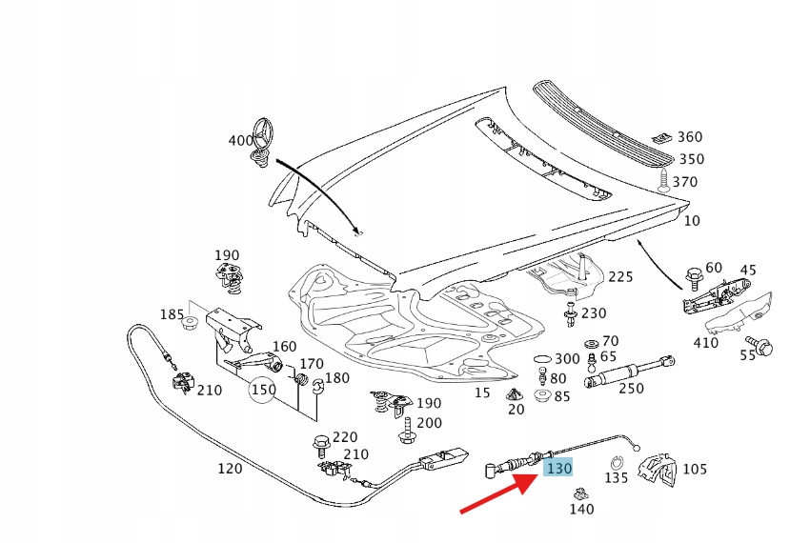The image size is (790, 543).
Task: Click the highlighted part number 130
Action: tap(557, 468)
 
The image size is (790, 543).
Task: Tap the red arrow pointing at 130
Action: tap(496, 492)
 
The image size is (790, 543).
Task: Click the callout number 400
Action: tap(241, 141)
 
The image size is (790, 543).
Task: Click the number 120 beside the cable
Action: tap(230, 468)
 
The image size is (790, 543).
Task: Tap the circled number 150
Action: tap(263, 390)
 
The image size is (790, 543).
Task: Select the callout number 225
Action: tap(620, 276)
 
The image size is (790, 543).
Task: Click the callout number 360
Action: tap(689, 138)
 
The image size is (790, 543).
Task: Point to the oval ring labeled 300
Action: tap(540, 358)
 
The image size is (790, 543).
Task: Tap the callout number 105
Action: tap(695, 468)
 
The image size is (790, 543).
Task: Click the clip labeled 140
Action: tap(578, 493)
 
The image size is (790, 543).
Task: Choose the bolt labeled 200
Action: tap(406, 430)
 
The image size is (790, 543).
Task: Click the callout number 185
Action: tap(172, 314)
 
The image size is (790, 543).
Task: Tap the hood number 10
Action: tap(692, 220)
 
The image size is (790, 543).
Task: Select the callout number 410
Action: tap(706, 343)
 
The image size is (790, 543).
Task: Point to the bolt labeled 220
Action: tap(320, 445)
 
